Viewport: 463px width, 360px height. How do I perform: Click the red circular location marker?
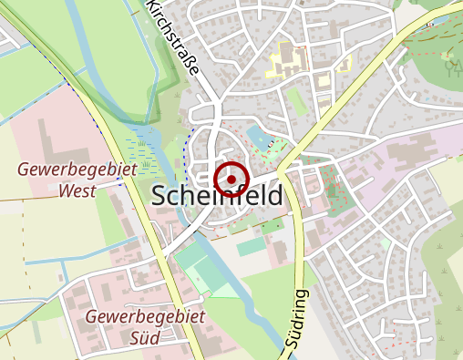[x=231, y=179]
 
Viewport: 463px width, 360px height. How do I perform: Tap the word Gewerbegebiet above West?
[x=77, y=170]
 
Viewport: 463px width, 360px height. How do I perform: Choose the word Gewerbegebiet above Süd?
[x=146, y=316]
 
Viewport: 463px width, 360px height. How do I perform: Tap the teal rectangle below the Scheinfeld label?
[x=251, y=247]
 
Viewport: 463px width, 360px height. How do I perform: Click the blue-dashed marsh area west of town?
[x=150, y=146]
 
